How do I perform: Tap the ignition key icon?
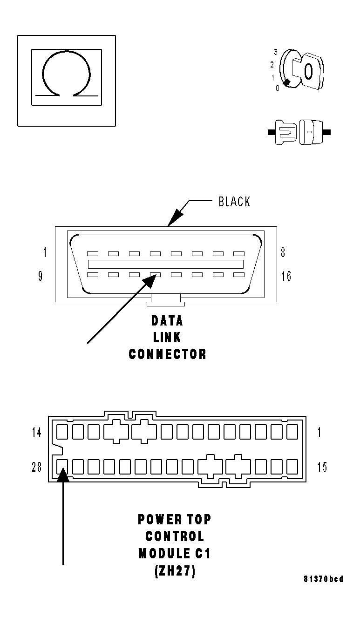pos(302,70)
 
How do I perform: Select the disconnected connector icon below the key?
pos(299,133)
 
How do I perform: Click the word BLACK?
pos(234,202)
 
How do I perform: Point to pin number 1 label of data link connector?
pos(45,253)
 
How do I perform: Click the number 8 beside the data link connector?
pos(283,253)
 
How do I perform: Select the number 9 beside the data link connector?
pos(41,276)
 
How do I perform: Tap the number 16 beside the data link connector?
pos(286,276)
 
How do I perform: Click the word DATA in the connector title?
pos(167,321)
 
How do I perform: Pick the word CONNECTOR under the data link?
pos(167,354)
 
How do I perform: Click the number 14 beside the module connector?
pos(37,432)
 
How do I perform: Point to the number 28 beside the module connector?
pos(37,467)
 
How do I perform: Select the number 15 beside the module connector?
pos(322,467)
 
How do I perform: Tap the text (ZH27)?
pos(174,571)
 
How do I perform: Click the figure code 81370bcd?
pos(323,579)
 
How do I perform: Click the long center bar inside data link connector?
pos(166,264)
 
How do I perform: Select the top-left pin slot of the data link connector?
pos(92,254)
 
